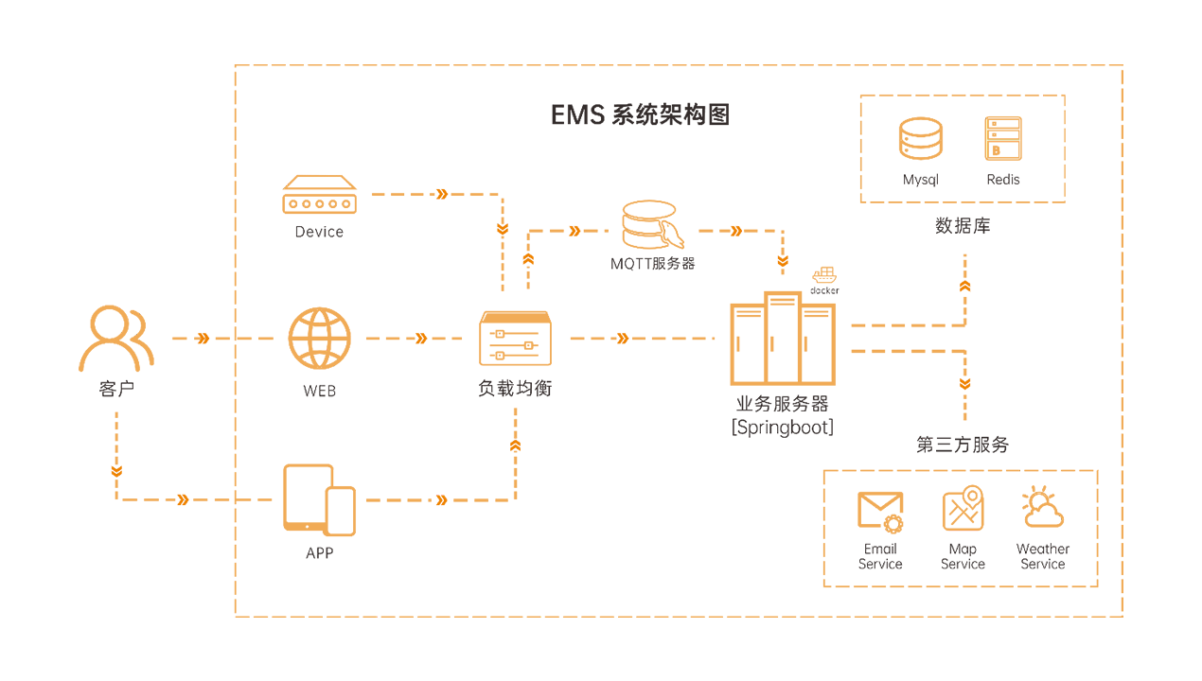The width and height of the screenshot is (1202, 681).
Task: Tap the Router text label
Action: click(x=319, y=227)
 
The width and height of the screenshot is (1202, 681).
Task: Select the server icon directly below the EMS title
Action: click(x=654, y=224)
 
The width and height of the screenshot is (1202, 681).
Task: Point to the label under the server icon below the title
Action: click(x=651, y=262)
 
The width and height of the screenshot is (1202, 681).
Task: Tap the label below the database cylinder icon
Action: click(x=914, y=179)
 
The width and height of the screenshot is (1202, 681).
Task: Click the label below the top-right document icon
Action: click(x=1002, y=179)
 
